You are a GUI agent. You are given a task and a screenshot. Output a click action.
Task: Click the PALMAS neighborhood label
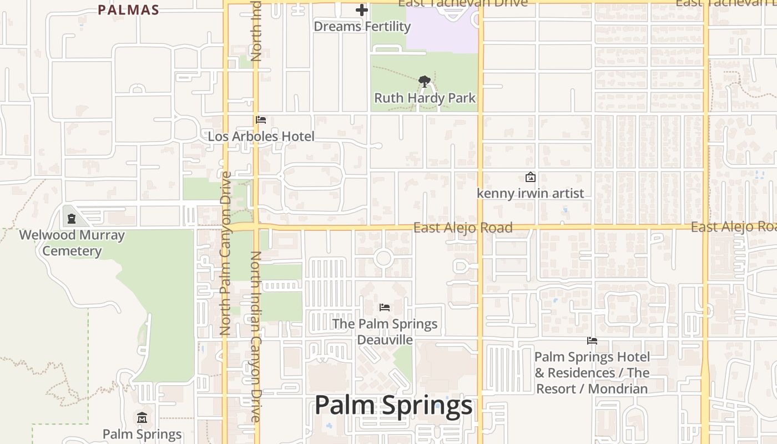[x=128, y=10]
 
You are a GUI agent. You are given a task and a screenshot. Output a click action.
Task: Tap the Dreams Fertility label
[x=362, y=26]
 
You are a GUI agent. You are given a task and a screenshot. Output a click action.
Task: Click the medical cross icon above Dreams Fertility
[x=362, y=10]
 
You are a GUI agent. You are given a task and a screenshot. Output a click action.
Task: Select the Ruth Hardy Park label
[x=425, y=98]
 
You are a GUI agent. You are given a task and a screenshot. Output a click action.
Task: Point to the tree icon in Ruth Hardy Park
[x=425, y=82]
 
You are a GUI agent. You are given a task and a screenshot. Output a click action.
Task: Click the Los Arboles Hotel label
[x=261, y=137]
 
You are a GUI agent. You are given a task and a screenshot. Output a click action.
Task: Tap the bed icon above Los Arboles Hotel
[x=261, y=120]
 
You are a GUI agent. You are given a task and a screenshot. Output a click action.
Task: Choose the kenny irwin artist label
[x=531, y=193]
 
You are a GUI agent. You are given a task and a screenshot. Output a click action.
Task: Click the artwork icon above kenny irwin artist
[x=531, y=178]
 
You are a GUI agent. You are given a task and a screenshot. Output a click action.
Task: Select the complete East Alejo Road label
[x=463, y=228]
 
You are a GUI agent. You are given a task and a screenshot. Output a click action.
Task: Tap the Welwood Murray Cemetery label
[x=72, y=243]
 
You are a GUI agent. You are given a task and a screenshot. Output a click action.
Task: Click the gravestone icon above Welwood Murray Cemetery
[x=71, y=219]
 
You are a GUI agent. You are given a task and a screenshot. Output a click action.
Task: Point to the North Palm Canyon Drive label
[x=225, y=253]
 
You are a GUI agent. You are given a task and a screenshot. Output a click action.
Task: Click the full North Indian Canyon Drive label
[x=255, y=336]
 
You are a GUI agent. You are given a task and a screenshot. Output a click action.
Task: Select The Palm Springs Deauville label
[x=385, y=331]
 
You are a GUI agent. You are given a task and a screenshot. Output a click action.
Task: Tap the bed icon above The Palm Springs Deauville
[x=385, y=307]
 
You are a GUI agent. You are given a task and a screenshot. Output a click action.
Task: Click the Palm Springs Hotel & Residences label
[x=592, y=372]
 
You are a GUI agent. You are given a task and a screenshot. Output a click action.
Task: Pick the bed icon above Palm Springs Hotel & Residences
[x=592, y=341]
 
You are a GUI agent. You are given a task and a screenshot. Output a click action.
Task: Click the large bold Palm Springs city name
[x=393, y=406]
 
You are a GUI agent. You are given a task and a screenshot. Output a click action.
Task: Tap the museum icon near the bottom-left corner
[x=142, y=418]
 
